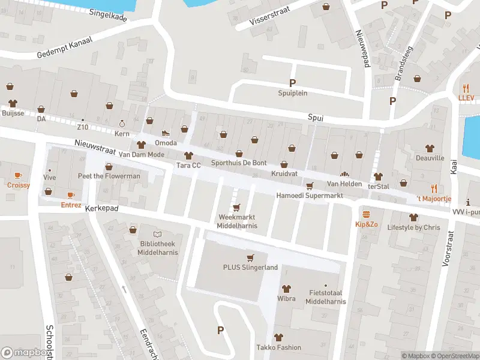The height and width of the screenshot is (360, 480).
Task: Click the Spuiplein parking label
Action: coord(292,93)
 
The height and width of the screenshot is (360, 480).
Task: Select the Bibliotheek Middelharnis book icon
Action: coord(157,234)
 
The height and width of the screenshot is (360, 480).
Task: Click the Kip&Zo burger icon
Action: coord(366,214)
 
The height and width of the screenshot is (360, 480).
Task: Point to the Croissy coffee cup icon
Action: coord(18,176)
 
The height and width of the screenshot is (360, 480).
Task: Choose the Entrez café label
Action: coord(71,205)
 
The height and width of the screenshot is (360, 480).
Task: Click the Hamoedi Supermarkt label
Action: coord(309,196)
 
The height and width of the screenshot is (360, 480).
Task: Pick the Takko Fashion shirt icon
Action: coord(278,337)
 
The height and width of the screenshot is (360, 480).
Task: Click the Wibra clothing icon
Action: coord(286,289)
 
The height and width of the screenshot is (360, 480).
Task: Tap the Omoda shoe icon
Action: coord(166,133)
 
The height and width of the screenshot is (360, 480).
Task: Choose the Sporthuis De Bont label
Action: coord(238,164)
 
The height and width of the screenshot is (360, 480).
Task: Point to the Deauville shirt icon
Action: coord(430,148)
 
